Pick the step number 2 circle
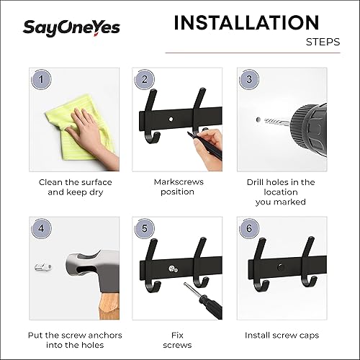click(144, 79)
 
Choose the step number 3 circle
click(248, 79)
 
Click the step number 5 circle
click(144, 228)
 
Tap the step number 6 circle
click(248, 228)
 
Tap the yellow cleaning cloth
click(65, 122)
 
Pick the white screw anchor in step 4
click(45, 268)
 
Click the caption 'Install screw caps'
click(282, 336)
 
